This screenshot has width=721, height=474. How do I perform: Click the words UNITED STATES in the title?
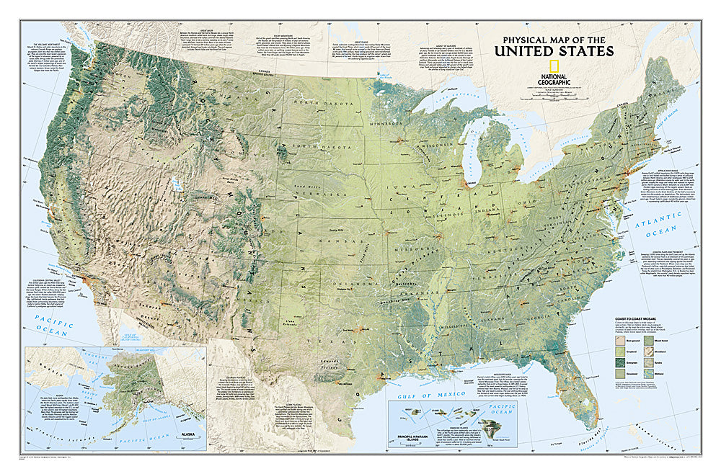point(554,50)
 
